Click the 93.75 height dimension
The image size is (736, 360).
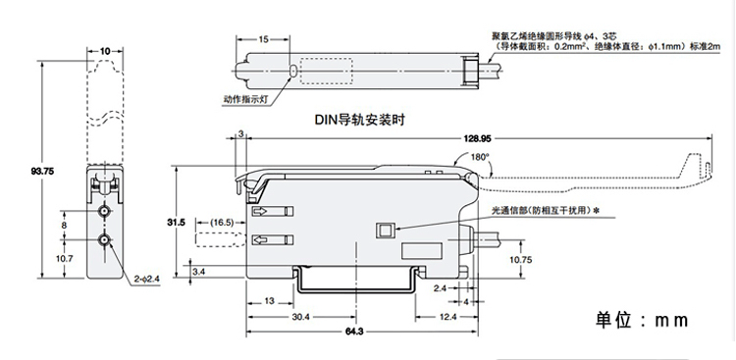click(x=42, y=172)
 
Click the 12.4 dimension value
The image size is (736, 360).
click(x=447, y=317)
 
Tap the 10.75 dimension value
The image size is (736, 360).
click(x=520, y=259)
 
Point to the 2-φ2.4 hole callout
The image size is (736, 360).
click(x=147, y=279)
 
